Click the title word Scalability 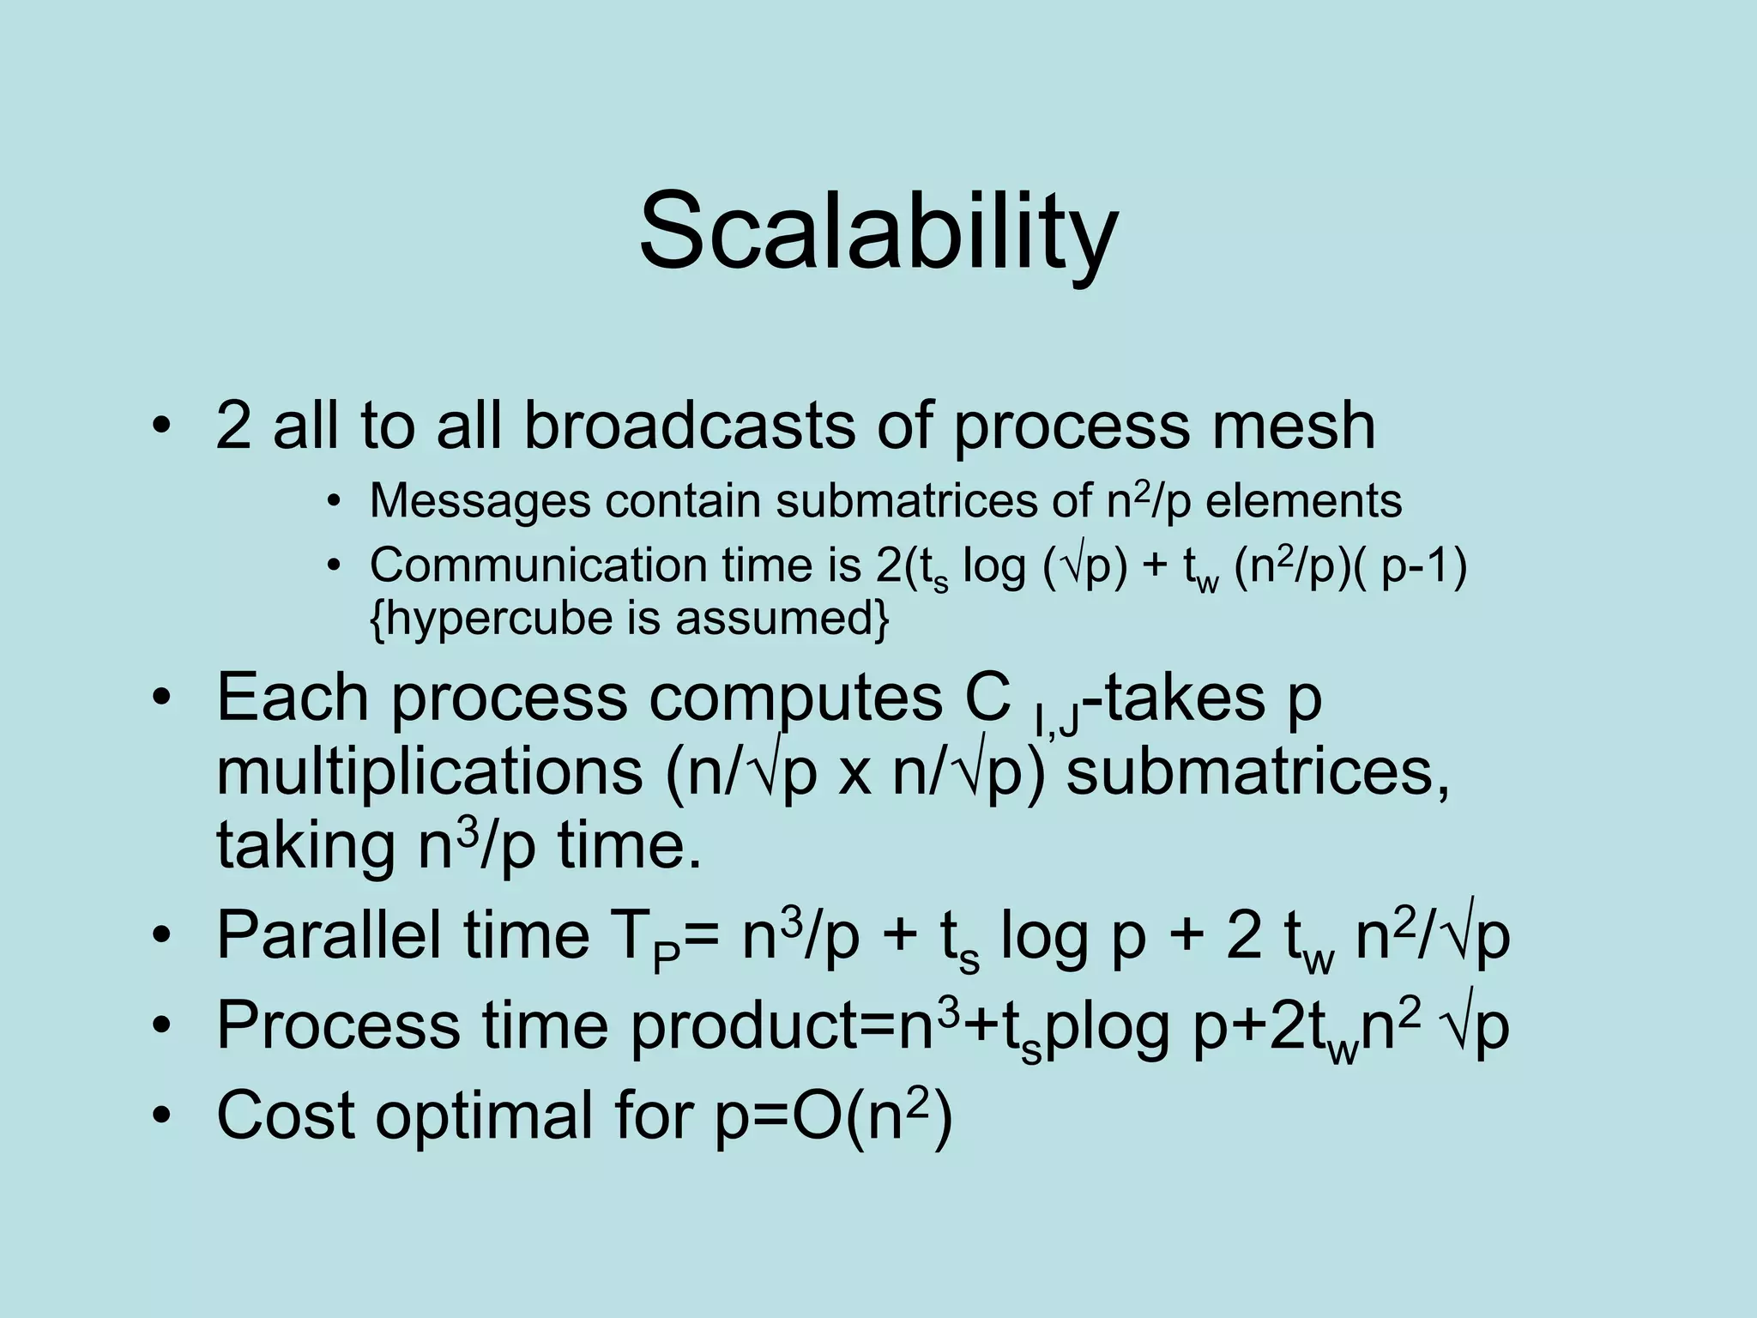878,232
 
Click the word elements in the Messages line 1303,500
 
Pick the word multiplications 429,771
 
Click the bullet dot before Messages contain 334,502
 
